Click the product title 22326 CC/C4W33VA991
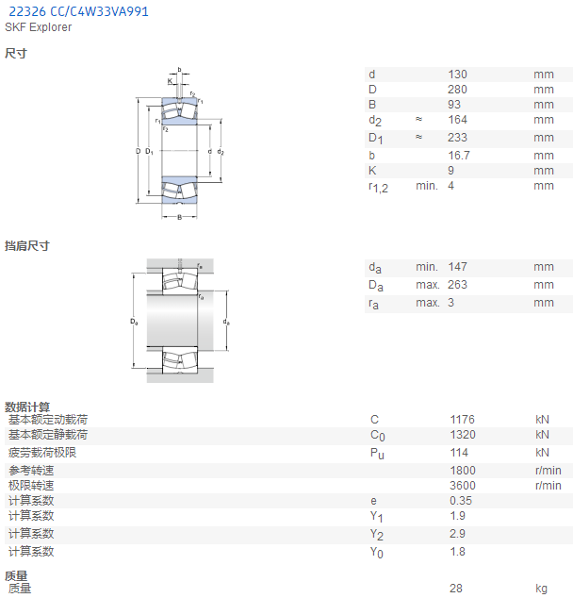tap(78, 11)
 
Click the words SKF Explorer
tap(38, 27)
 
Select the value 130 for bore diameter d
tap(457, 75)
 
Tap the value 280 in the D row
tap(457, 90)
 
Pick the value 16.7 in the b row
tap(459, 156)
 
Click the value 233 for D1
tap(457, 138)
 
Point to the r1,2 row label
tap(378, 188)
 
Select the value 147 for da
tap(457, 267)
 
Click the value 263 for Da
tap(457, 285)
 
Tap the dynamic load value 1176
tap(463, 420)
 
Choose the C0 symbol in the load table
tap(378, 436)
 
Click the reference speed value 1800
tap(463, 471)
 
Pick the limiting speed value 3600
tap(463, 486)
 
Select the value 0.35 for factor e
tap(461, 500)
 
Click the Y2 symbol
tap(377, 534)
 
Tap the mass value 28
tap(456, 589)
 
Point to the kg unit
tap(541, 590)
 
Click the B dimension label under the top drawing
tap(179, 217)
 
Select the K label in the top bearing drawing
tap(170, 81)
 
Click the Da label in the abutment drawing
tap(134, 322)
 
